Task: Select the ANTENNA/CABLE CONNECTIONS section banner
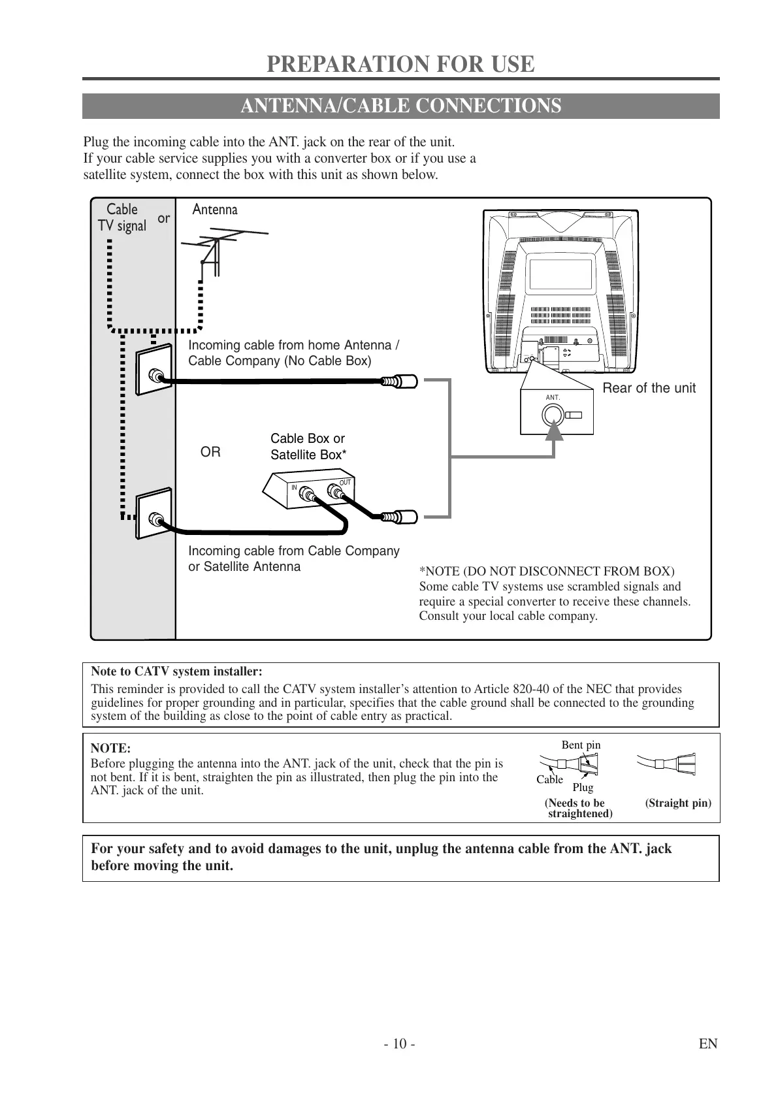(x=400, y=106)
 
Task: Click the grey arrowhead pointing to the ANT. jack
(x=554, y=430)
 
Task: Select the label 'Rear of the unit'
(x=649, y=388)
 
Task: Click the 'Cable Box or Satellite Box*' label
(x=308, y=447)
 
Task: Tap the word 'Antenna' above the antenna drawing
(x=215, y=210)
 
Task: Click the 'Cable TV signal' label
(x=122, y=218)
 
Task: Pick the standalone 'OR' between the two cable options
(x=210, y=452)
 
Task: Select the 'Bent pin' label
(x=581, y=745)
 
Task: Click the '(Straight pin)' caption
(x=678, y=803)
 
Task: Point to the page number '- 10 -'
(x=400, y=1044)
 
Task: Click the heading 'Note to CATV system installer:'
(x=176, y=671)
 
